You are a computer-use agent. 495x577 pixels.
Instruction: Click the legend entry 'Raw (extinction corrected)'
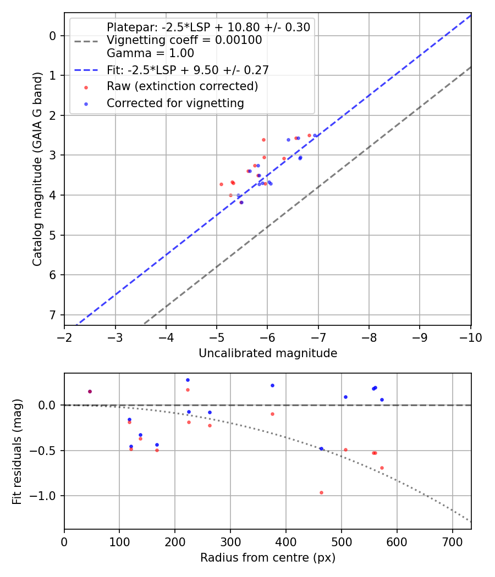[x=182, y=86]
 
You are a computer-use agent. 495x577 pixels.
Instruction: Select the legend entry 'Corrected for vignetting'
[x=175, y=103]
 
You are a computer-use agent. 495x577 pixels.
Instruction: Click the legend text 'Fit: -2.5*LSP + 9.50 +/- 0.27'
[x=188, y=70]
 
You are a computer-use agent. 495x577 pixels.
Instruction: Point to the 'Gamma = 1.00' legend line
[x=150, y=53]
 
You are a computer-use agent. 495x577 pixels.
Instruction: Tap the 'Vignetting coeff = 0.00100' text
[x=184, y=40]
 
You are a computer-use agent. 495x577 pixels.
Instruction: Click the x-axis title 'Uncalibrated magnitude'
[x=268, y=353]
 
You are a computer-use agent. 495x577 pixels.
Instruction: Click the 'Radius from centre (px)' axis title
[x=268, y=558]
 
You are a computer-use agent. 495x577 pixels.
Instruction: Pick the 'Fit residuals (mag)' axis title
[x=18, y=451]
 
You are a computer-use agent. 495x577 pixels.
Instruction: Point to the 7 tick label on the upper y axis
[x=53, y=315]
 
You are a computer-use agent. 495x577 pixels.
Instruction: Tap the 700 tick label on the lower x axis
[x=452, y=542]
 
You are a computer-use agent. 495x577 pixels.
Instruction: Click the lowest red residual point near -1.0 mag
[x=321, y=492]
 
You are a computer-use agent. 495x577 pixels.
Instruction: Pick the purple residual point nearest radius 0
[x=90, y=391]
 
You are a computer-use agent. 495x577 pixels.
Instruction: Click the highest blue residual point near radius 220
[x=188, y=380]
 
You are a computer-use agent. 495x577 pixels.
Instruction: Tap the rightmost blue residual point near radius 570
[x=382, y=400]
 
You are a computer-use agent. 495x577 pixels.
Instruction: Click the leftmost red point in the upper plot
[x=221, y=184]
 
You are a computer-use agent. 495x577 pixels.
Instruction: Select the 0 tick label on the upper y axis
[x=53, y=36]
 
